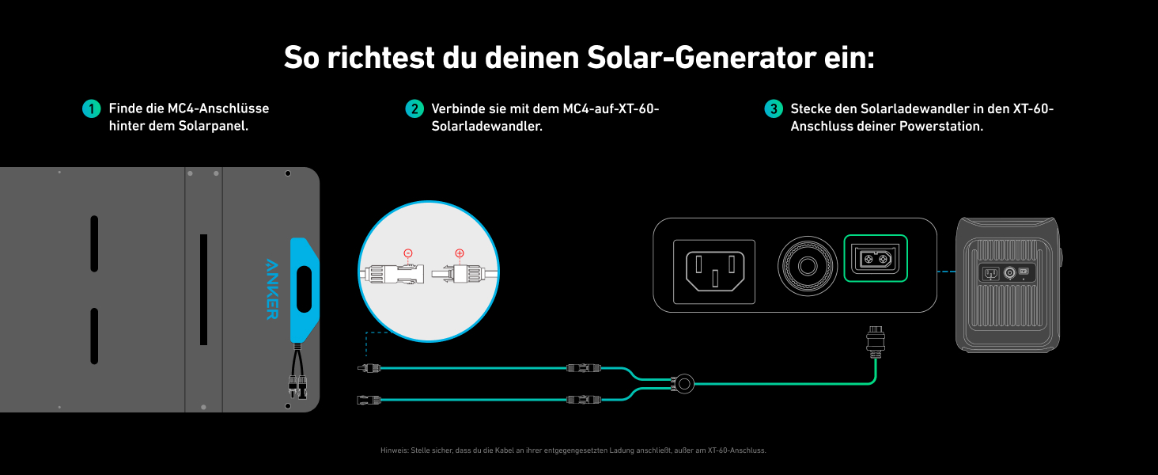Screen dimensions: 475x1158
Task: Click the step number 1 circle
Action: (x=92, y=108)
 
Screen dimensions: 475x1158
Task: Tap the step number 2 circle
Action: (x=414, y=108)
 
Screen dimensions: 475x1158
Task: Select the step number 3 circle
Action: (x=774, y=108)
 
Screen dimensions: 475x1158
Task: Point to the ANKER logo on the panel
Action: (x=271, y=288)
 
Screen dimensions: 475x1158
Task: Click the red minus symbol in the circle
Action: (x=408, y=253)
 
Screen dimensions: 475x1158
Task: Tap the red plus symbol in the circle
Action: (x=460, y=253)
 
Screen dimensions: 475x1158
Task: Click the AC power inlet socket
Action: (x=714, y=272)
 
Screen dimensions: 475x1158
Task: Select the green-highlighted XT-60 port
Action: (x=876, y=258)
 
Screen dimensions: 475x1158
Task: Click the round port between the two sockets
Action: (x=808, y=266)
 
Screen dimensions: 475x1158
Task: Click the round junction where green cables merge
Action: (x=682, y=384)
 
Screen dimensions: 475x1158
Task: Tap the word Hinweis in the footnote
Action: (x=393, y=450)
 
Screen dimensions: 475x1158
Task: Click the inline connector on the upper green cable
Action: (x=584, y=368)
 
